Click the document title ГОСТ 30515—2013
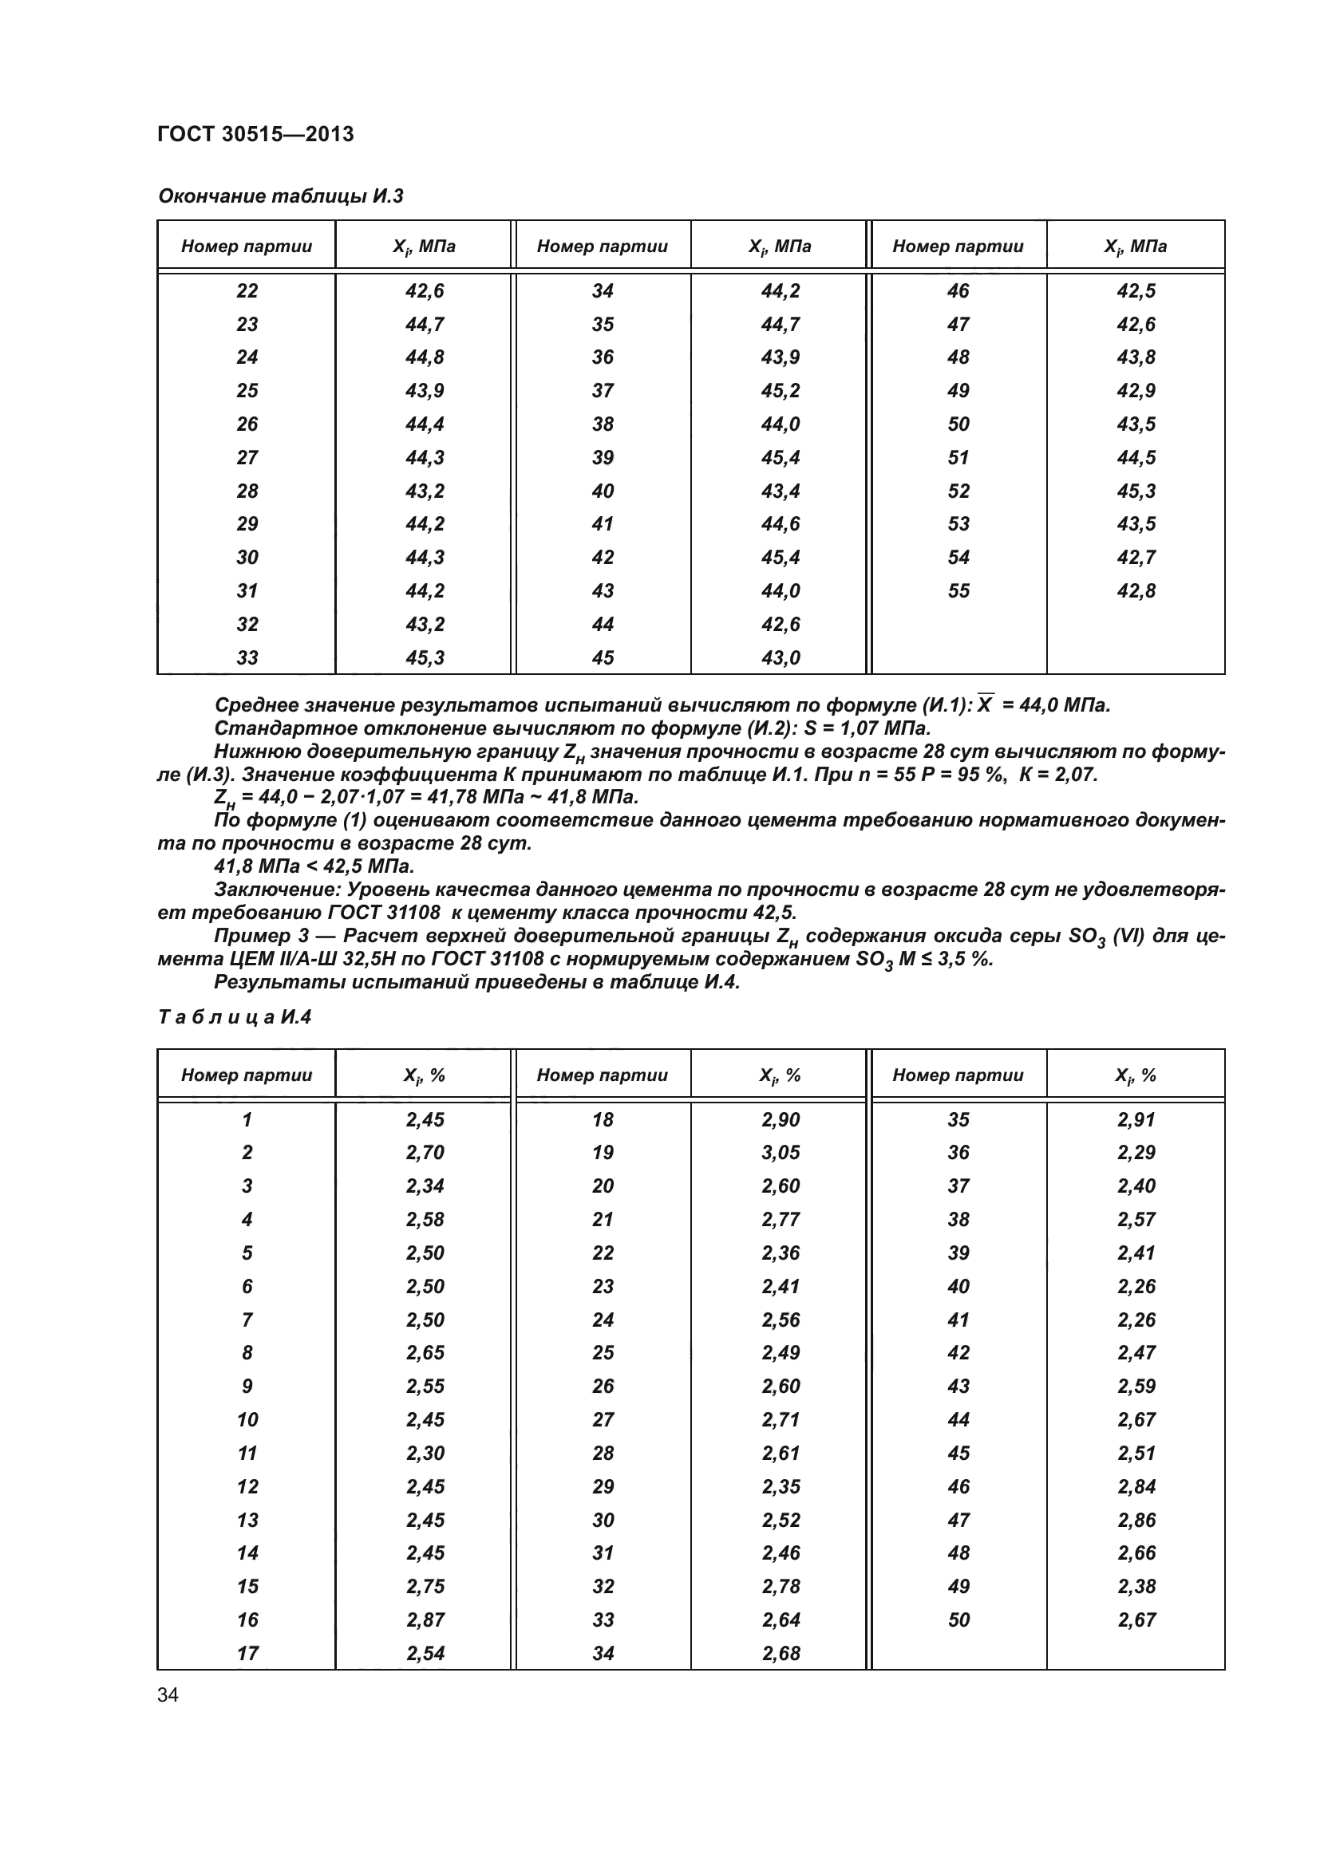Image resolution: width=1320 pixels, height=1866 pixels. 255,134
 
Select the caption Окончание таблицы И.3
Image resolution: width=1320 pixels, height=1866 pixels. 280,196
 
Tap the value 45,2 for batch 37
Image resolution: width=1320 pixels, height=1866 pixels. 781,391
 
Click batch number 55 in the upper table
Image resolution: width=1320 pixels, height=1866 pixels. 958,591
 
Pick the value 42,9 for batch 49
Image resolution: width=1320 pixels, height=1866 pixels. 1136,391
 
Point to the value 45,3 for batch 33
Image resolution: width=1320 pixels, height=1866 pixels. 425,657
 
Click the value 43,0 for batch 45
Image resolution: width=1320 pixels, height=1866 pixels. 781,657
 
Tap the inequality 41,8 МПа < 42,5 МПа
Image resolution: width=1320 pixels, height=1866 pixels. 314,866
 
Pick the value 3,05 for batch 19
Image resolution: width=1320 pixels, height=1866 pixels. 781,1153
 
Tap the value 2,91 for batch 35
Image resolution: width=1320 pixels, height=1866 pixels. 1136,1119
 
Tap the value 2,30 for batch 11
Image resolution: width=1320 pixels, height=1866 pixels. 425,1453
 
